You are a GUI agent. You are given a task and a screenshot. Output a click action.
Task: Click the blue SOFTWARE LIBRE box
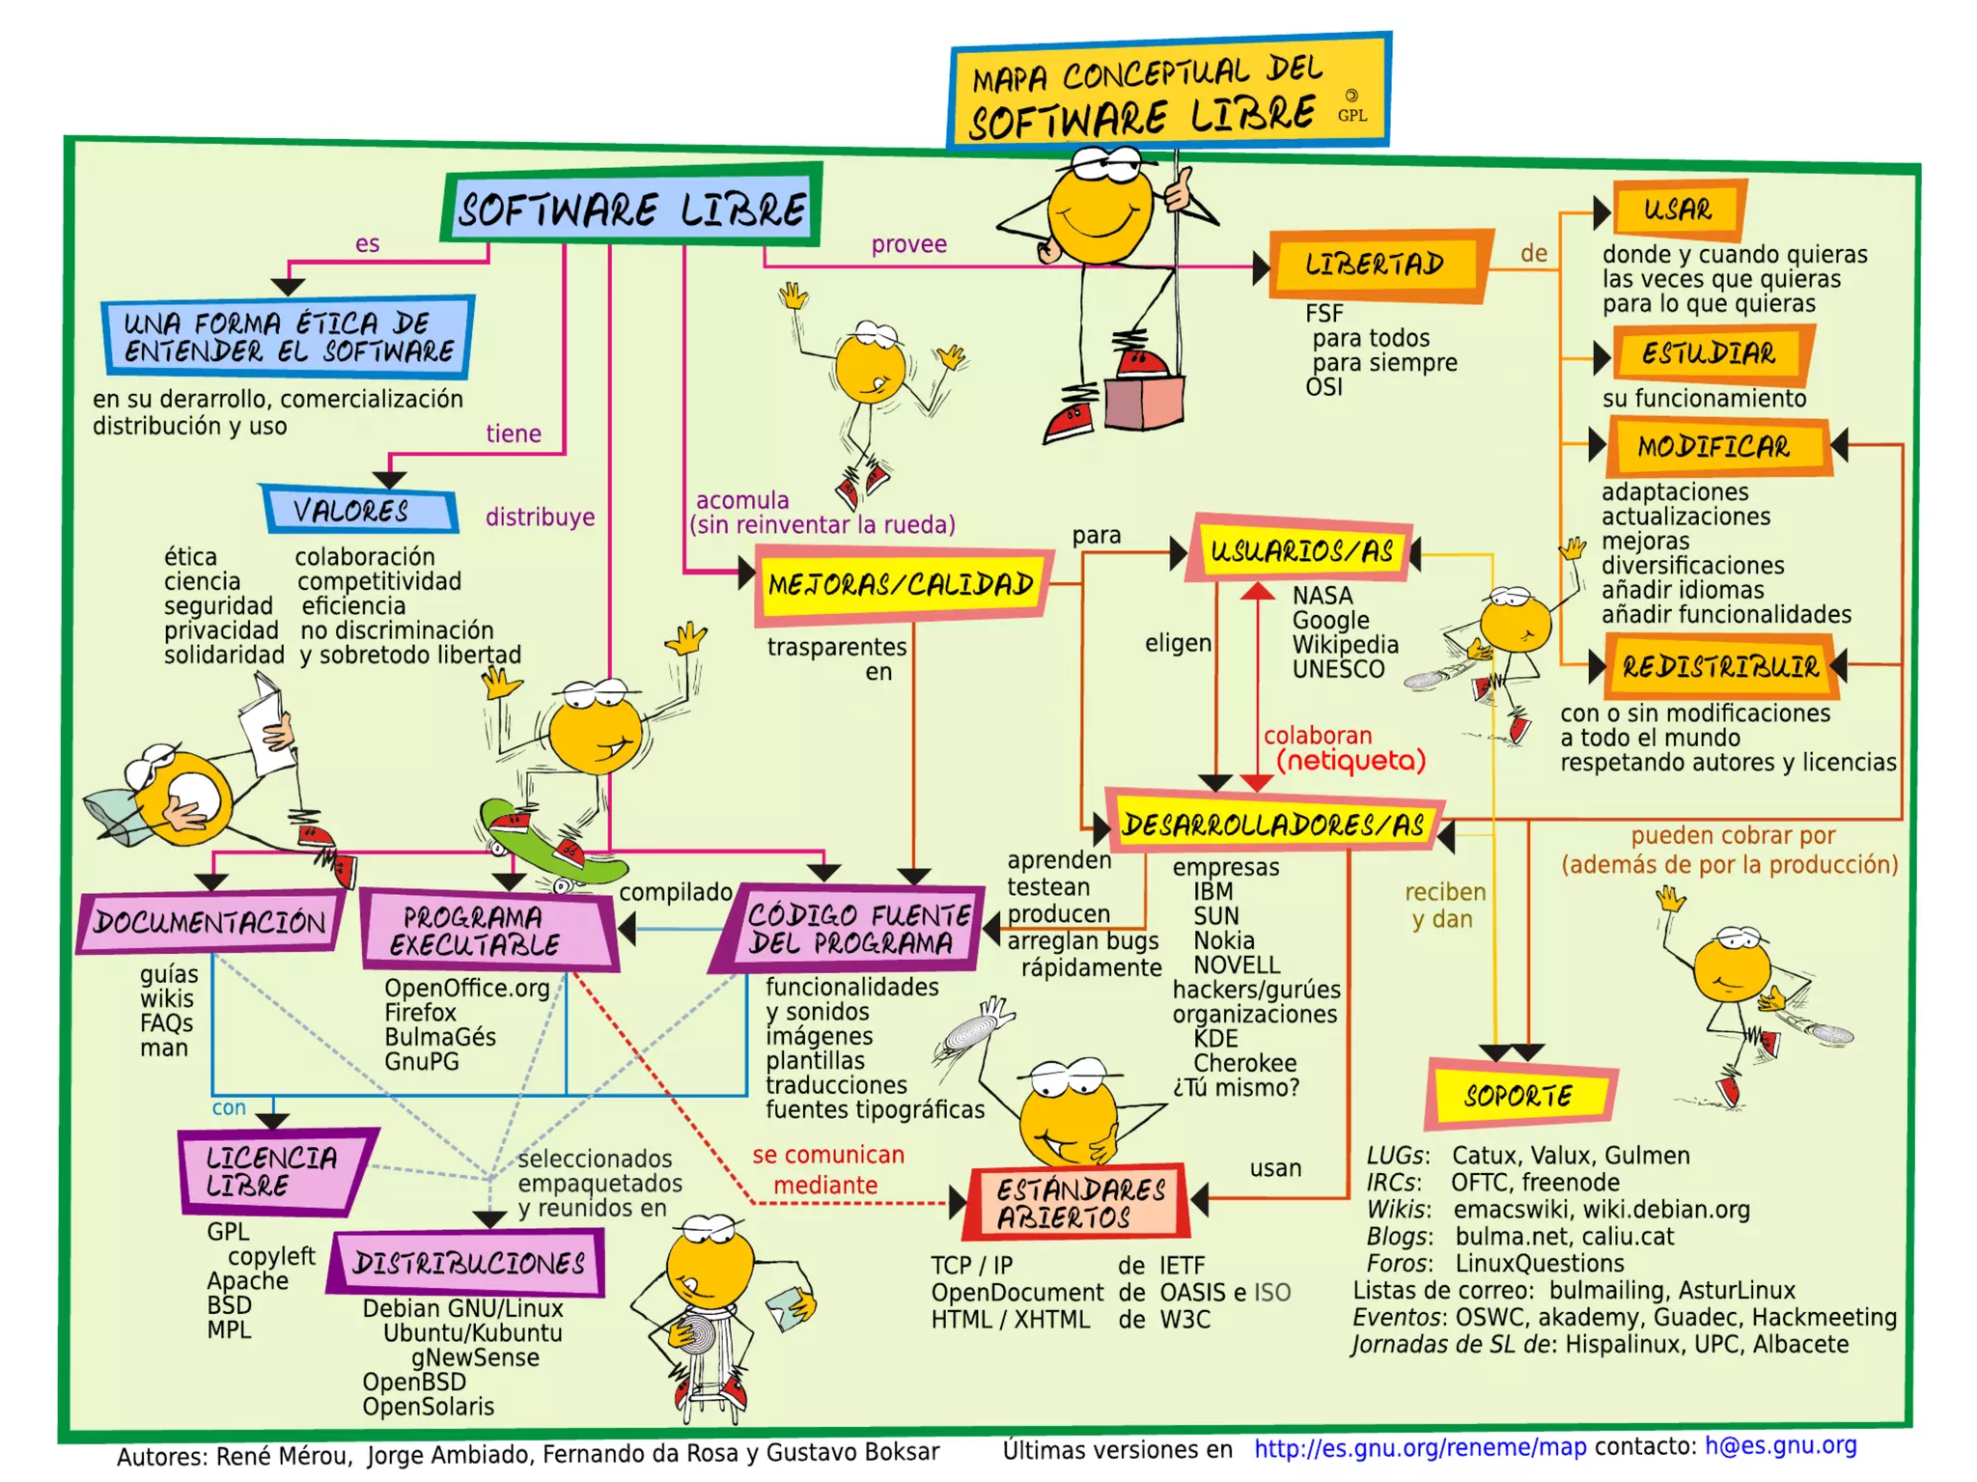pyautogui.click(x=631, y=209)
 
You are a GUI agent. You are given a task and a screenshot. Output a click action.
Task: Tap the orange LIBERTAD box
pyautogui.click(x=1377, y=265)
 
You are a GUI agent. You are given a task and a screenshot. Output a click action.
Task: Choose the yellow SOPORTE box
pyautogui.click(x=1519, y=1095)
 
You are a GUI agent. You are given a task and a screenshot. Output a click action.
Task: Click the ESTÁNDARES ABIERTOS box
pyautogui.click(x=1079, y=1203)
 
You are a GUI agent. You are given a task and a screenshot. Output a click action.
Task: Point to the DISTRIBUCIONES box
pyautogui.click(x=468, y=1263)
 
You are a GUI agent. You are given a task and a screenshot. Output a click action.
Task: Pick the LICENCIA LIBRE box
pyautogui.click(x=273, y=1171)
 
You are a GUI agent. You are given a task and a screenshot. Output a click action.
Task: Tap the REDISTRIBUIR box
pyautogui.click(x=1720, y=666)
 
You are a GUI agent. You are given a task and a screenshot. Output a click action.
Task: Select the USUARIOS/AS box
pyautogui.click(x=1301, y=551)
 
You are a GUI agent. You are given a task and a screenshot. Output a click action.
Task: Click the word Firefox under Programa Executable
pyautogui.click(x=420, y=1013)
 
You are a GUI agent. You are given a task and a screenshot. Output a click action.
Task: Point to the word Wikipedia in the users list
pyautogui.click(x=1345, y=645)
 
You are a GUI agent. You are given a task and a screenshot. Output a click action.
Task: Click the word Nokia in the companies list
pyautogui.click(x=1223, y=940)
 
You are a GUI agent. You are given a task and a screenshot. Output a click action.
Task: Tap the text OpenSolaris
pyautogui.click(x=428, y=1407)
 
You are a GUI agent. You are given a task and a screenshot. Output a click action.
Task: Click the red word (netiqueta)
pyautogui.click(x=1350, y=762)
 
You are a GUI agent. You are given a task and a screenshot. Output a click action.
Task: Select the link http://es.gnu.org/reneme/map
pyautogui.click(x=1419, y=1447)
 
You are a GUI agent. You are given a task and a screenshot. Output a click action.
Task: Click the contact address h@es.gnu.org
pyautogui.click(x=1780, y=1445)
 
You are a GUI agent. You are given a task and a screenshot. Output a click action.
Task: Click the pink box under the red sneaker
pyautogui.click(x=1144, y=403)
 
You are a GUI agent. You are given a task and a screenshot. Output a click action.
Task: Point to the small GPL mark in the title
pyautogui.click(x=1351, y=115)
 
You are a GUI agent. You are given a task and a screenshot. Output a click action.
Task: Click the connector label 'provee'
pyautogui.click(x=908, y=244)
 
